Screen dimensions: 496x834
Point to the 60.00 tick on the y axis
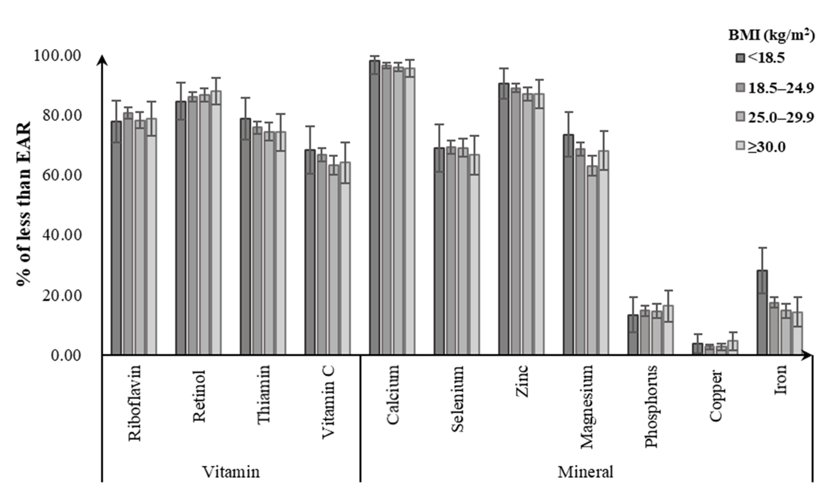(x=62, y=175)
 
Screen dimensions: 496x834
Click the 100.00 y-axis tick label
(x=57, y=56)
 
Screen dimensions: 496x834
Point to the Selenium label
(x=457, y=399)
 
